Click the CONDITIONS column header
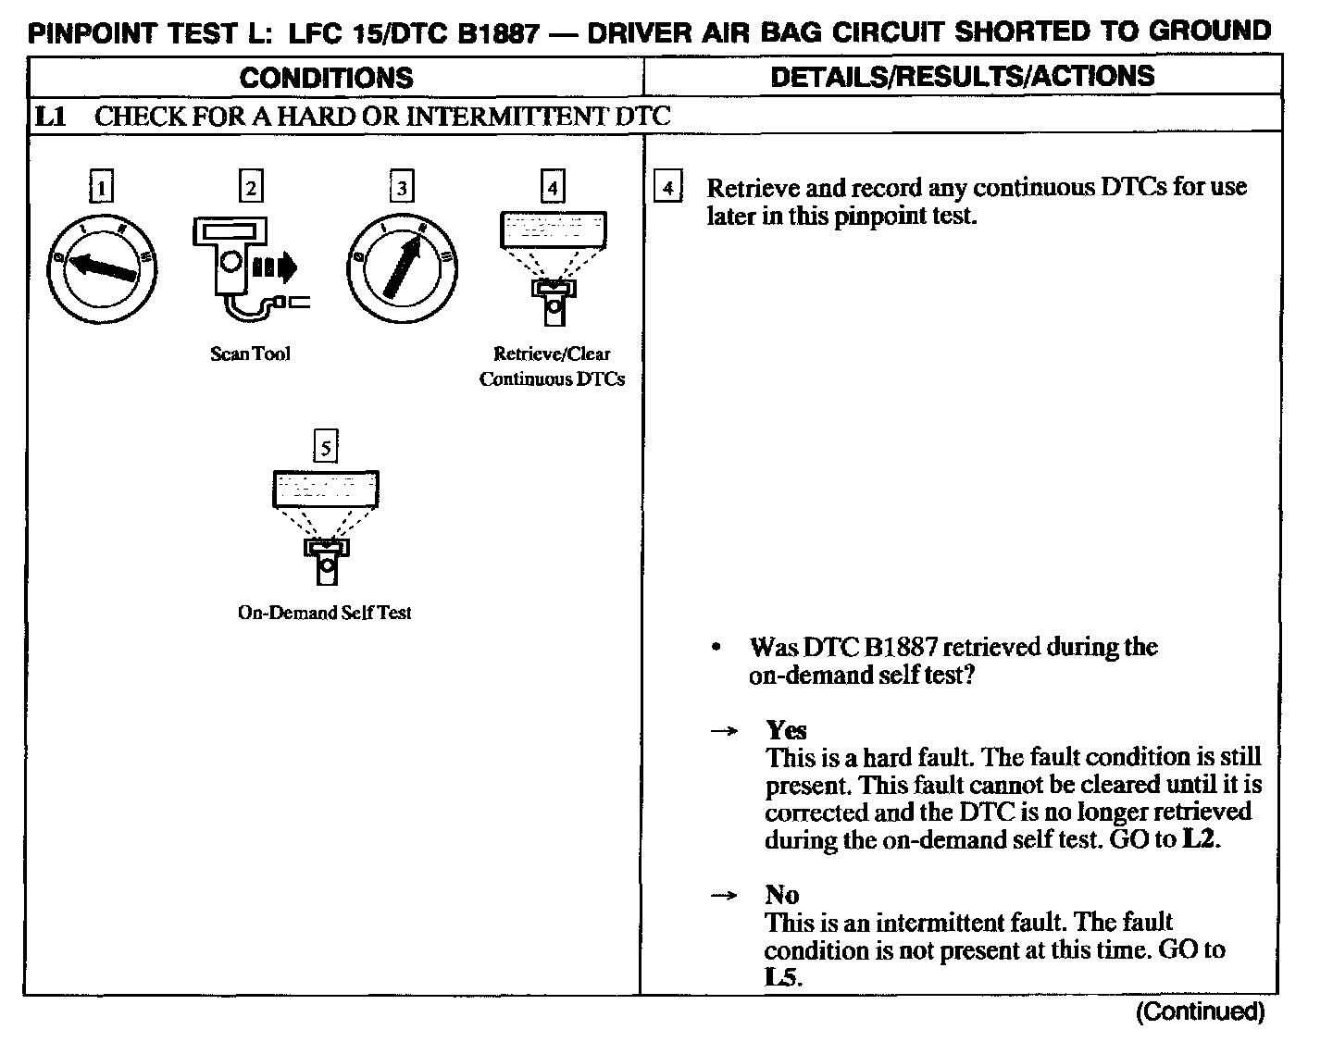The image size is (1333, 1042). click(326, 77)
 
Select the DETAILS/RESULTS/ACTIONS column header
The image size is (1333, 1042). click(962, 76)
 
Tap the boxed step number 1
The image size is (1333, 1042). click(101, 189)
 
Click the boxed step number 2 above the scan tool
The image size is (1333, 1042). click(251, 188)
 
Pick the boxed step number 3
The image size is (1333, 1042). click(401, 189)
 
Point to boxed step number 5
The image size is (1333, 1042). click(325, 448)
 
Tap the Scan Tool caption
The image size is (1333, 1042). click(250, 354)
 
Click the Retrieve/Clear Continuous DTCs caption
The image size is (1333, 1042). click(552, 366)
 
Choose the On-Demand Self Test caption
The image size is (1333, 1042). click(324, 613)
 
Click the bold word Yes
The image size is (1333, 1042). click(786, 730)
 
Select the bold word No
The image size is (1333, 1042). click(781, 895)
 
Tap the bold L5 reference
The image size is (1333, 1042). click(781, 977)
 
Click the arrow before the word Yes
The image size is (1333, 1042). click(724, 731)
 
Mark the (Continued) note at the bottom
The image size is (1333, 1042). click(1200, 1011)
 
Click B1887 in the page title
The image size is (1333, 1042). click(492, 33)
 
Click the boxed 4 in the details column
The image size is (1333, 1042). click(667, 188)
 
